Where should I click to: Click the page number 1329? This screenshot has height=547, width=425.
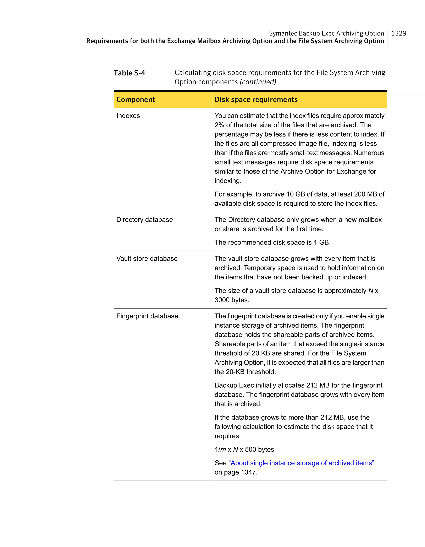coord(398,33)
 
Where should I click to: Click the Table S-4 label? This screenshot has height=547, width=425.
coord(129,73)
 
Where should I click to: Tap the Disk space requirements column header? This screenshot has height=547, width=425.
coord(256,100)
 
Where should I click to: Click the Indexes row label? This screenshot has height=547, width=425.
coord(128,116)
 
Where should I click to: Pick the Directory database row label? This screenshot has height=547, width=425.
coord(144,220)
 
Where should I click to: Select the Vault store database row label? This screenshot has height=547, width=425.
coord(147,258)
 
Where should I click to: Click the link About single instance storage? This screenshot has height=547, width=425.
coord(301,463)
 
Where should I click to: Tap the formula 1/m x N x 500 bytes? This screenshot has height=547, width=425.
coord(244,449)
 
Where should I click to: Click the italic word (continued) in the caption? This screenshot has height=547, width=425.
coord(258,82)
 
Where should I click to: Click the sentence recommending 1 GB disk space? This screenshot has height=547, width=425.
coord(272,242)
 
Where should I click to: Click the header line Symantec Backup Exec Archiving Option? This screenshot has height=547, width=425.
coord(326,33)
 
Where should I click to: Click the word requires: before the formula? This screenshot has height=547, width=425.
coord(227,436)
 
